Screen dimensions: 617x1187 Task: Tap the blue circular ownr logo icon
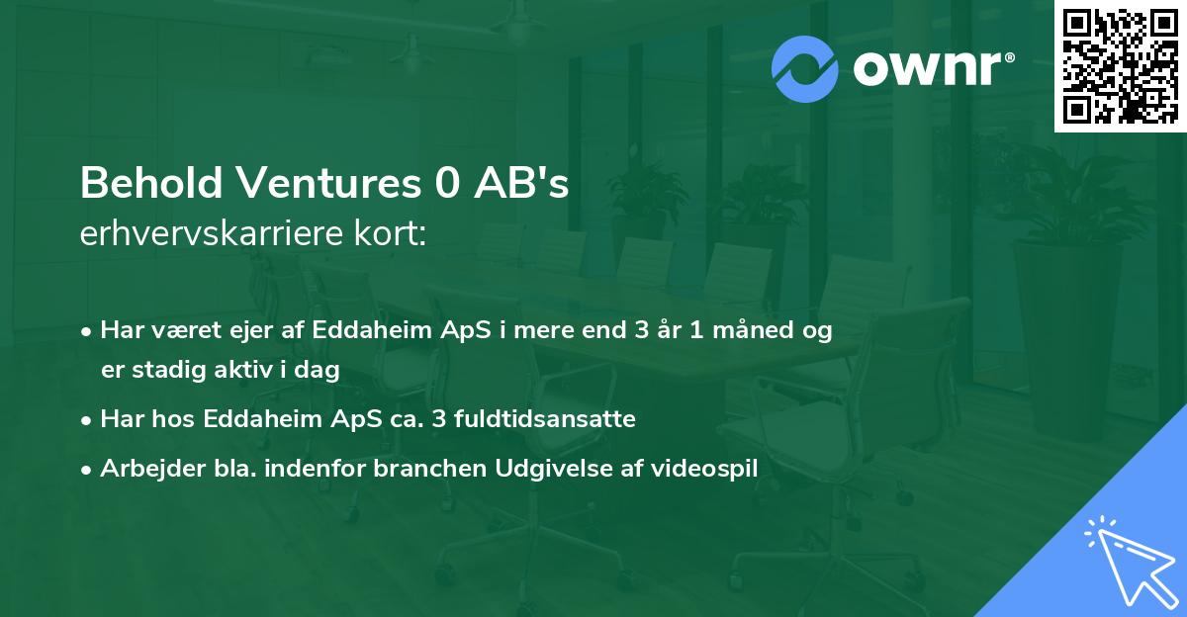coord(805,69)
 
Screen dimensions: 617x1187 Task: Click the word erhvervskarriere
coord(211,234)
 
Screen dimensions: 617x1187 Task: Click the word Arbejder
coord(147,469)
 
